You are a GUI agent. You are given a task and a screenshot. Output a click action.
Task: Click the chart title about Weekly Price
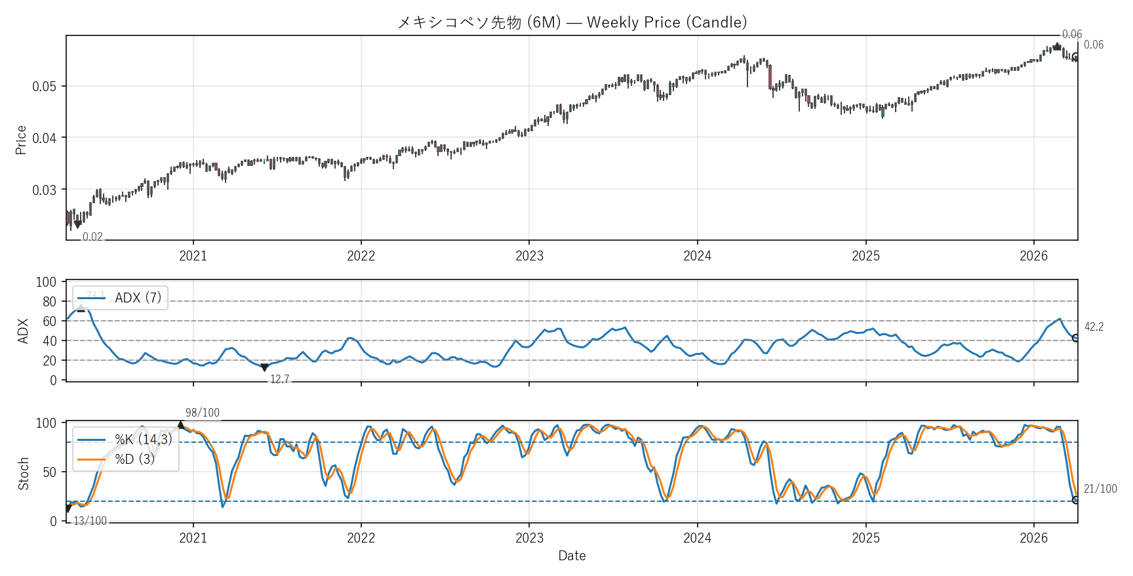point(572,22)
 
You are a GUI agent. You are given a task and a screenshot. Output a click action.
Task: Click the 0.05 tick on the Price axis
point(45,87)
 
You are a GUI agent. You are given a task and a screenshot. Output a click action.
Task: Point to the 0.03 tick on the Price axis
point(45,190)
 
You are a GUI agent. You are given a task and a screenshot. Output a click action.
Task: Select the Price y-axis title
point(21,140)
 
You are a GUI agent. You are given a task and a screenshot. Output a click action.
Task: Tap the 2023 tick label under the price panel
point(529,256)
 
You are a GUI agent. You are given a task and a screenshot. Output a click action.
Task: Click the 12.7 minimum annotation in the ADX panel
point(280,379)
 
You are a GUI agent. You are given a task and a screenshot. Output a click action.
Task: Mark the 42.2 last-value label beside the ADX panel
point(1094,327)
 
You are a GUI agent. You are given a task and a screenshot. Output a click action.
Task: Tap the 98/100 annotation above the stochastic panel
point(203,413)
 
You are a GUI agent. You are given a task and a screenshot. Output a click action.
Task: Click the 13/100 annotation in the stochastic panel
point(90,521)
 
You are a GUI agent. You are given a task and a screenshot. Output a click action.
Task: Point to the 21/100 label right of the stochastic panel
point(1100,489)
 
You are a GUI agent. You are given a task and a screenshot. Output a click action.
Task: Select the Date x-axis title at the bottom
point(572,556)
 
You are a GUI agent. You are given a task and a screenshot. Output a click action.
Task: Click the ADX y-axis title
point(23,331)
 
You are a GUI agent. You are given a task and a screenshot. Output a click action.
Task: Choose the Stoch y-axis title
point(24,474)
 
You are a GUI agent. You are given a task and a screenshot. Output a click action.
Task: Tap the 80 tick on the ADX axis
point(50,302)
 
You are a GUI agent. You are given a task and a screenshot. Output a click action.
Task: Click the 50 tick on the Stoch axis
point(50,472)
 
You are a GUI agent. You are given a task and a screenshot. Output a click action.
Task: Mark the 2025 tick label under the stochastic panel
point(865,538)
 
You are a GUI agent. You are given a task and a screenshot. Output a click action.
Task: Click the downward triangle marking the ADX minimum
point(264,368)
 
